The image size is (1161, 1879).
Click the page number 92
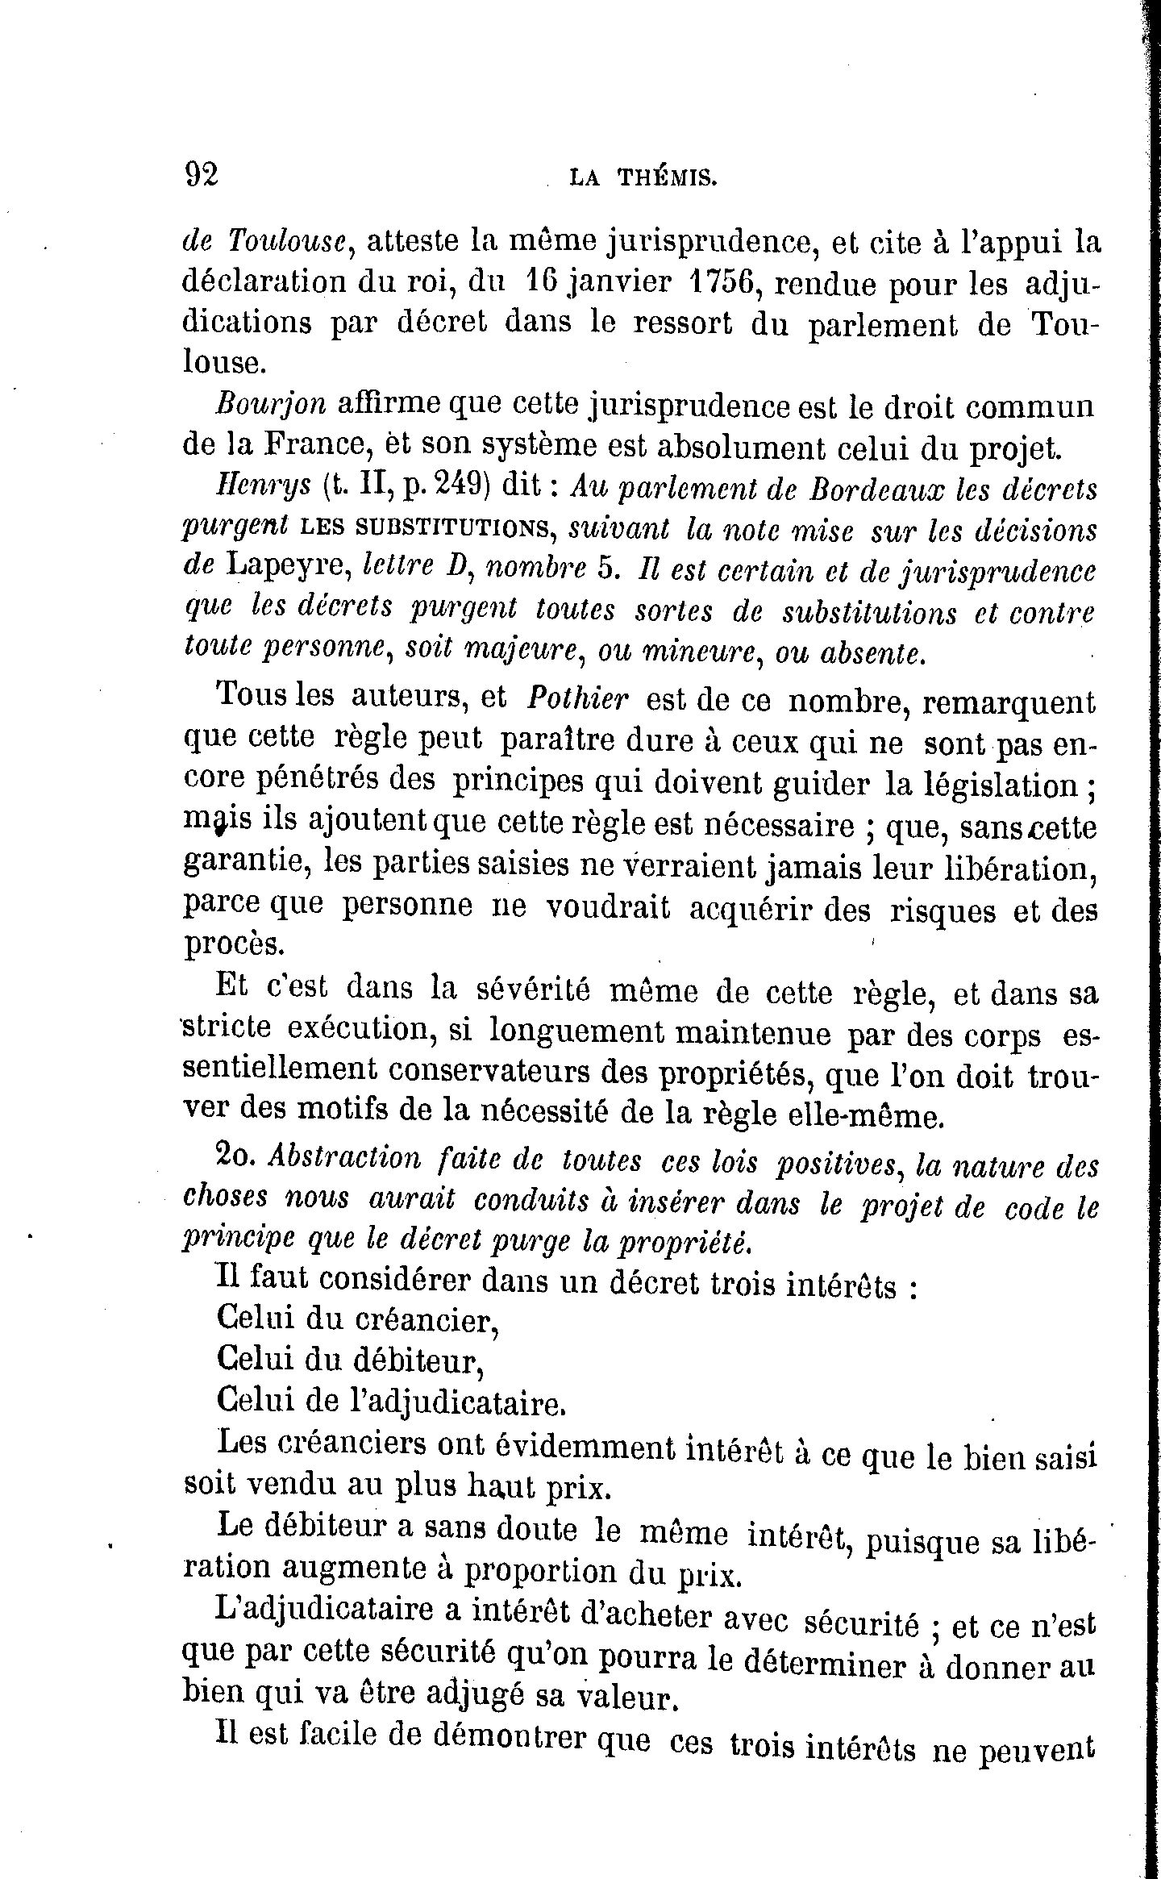click(x=202, y=173)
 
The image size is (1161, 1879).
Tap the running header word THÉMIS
click(x=666, y=177)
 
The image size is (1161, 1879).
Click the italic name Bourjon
click(x=270, y=404)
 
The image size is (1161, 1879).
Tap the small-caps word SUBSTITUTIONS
click(x=427, y=530)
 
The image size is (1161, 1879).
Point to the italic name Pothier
click(x=576, y=698)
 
